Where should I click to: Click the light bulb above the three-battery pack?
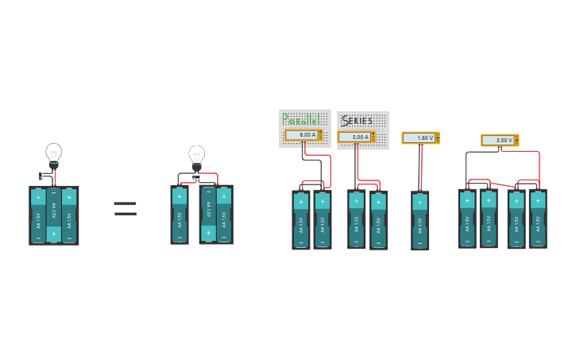pos(53,154)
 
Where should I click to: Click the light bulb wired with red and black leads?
pos(196,157)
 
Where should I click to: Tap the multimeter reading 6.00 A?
pos(303,135)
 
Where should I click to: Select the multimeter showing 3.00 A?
pos(357,137)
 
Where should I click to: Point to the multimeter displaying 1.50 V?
pos(420,138)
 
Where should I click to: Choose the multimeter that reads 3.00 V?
pos(499,141)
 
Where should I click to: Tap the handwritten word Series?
pos(358,121)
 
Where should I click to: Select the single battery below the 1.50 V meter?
pos(420,220)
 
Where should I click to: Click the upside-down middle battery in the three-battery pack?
pos(53,215)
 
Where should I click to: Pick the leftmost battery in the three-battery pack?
pos(38,215)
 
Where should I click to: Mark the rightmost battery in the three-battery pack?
pos(69,215)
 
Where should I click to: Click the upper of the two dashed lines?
pos(125,203)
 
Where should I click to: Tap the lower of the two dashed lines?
pos(125,214)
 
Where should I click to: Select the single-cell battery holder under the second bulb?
pos(180,215)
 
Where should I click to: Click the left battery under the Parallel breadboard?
pos(301,219)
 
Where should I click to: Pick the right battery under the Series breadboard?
pos(378,219)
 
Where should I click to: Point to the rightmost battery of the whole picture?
pos(538,219)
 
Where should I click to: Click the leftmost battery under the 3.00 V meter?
pos(467,218)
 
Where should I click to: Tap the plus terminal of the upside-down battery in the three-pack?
pos(53,234)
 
